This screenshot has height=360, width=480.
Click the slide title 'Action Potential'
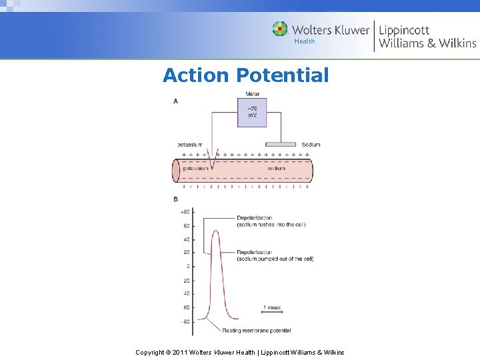[x=245, y=75]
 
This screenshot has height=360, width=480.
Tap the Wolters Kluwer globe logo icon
[x=280, y=29]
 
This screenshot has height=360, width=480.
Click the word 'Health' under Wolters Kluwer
[x=305, y=41]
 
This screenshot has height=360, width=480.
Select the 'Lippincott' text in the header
[x=404, y=30]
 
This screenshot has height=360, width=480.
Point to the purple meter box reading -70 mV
[x=252, y=112]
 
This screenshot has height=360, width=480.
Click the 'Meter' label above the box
[x=252, y=94]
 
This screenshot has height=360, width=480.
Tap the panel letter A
[x=176, y=101]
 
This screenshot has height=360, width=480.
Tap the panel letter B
[x=176, y=199]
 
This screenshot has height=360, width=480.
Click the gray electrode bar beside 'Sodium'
[x=281, y=144]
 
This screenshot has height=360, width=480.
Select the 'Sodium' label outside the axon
[x=311, y=145]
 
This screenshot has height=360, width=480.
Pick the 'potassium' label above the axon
[x=190, y=145]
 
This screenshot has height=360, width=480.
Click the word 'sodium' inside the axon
[x=277, y=168]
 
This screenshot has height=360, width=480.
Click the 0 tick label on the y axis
[x=188, y=267]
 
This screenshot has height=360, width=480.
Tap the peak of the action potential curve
[x=215, y=231]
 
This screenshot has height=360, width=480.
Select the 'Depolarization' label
[x=255, y=218]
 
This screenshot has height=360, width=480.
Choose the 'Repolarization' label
[x=255, y=253]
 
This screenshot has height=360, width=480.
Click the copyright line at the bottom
[x=240, y=352]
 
